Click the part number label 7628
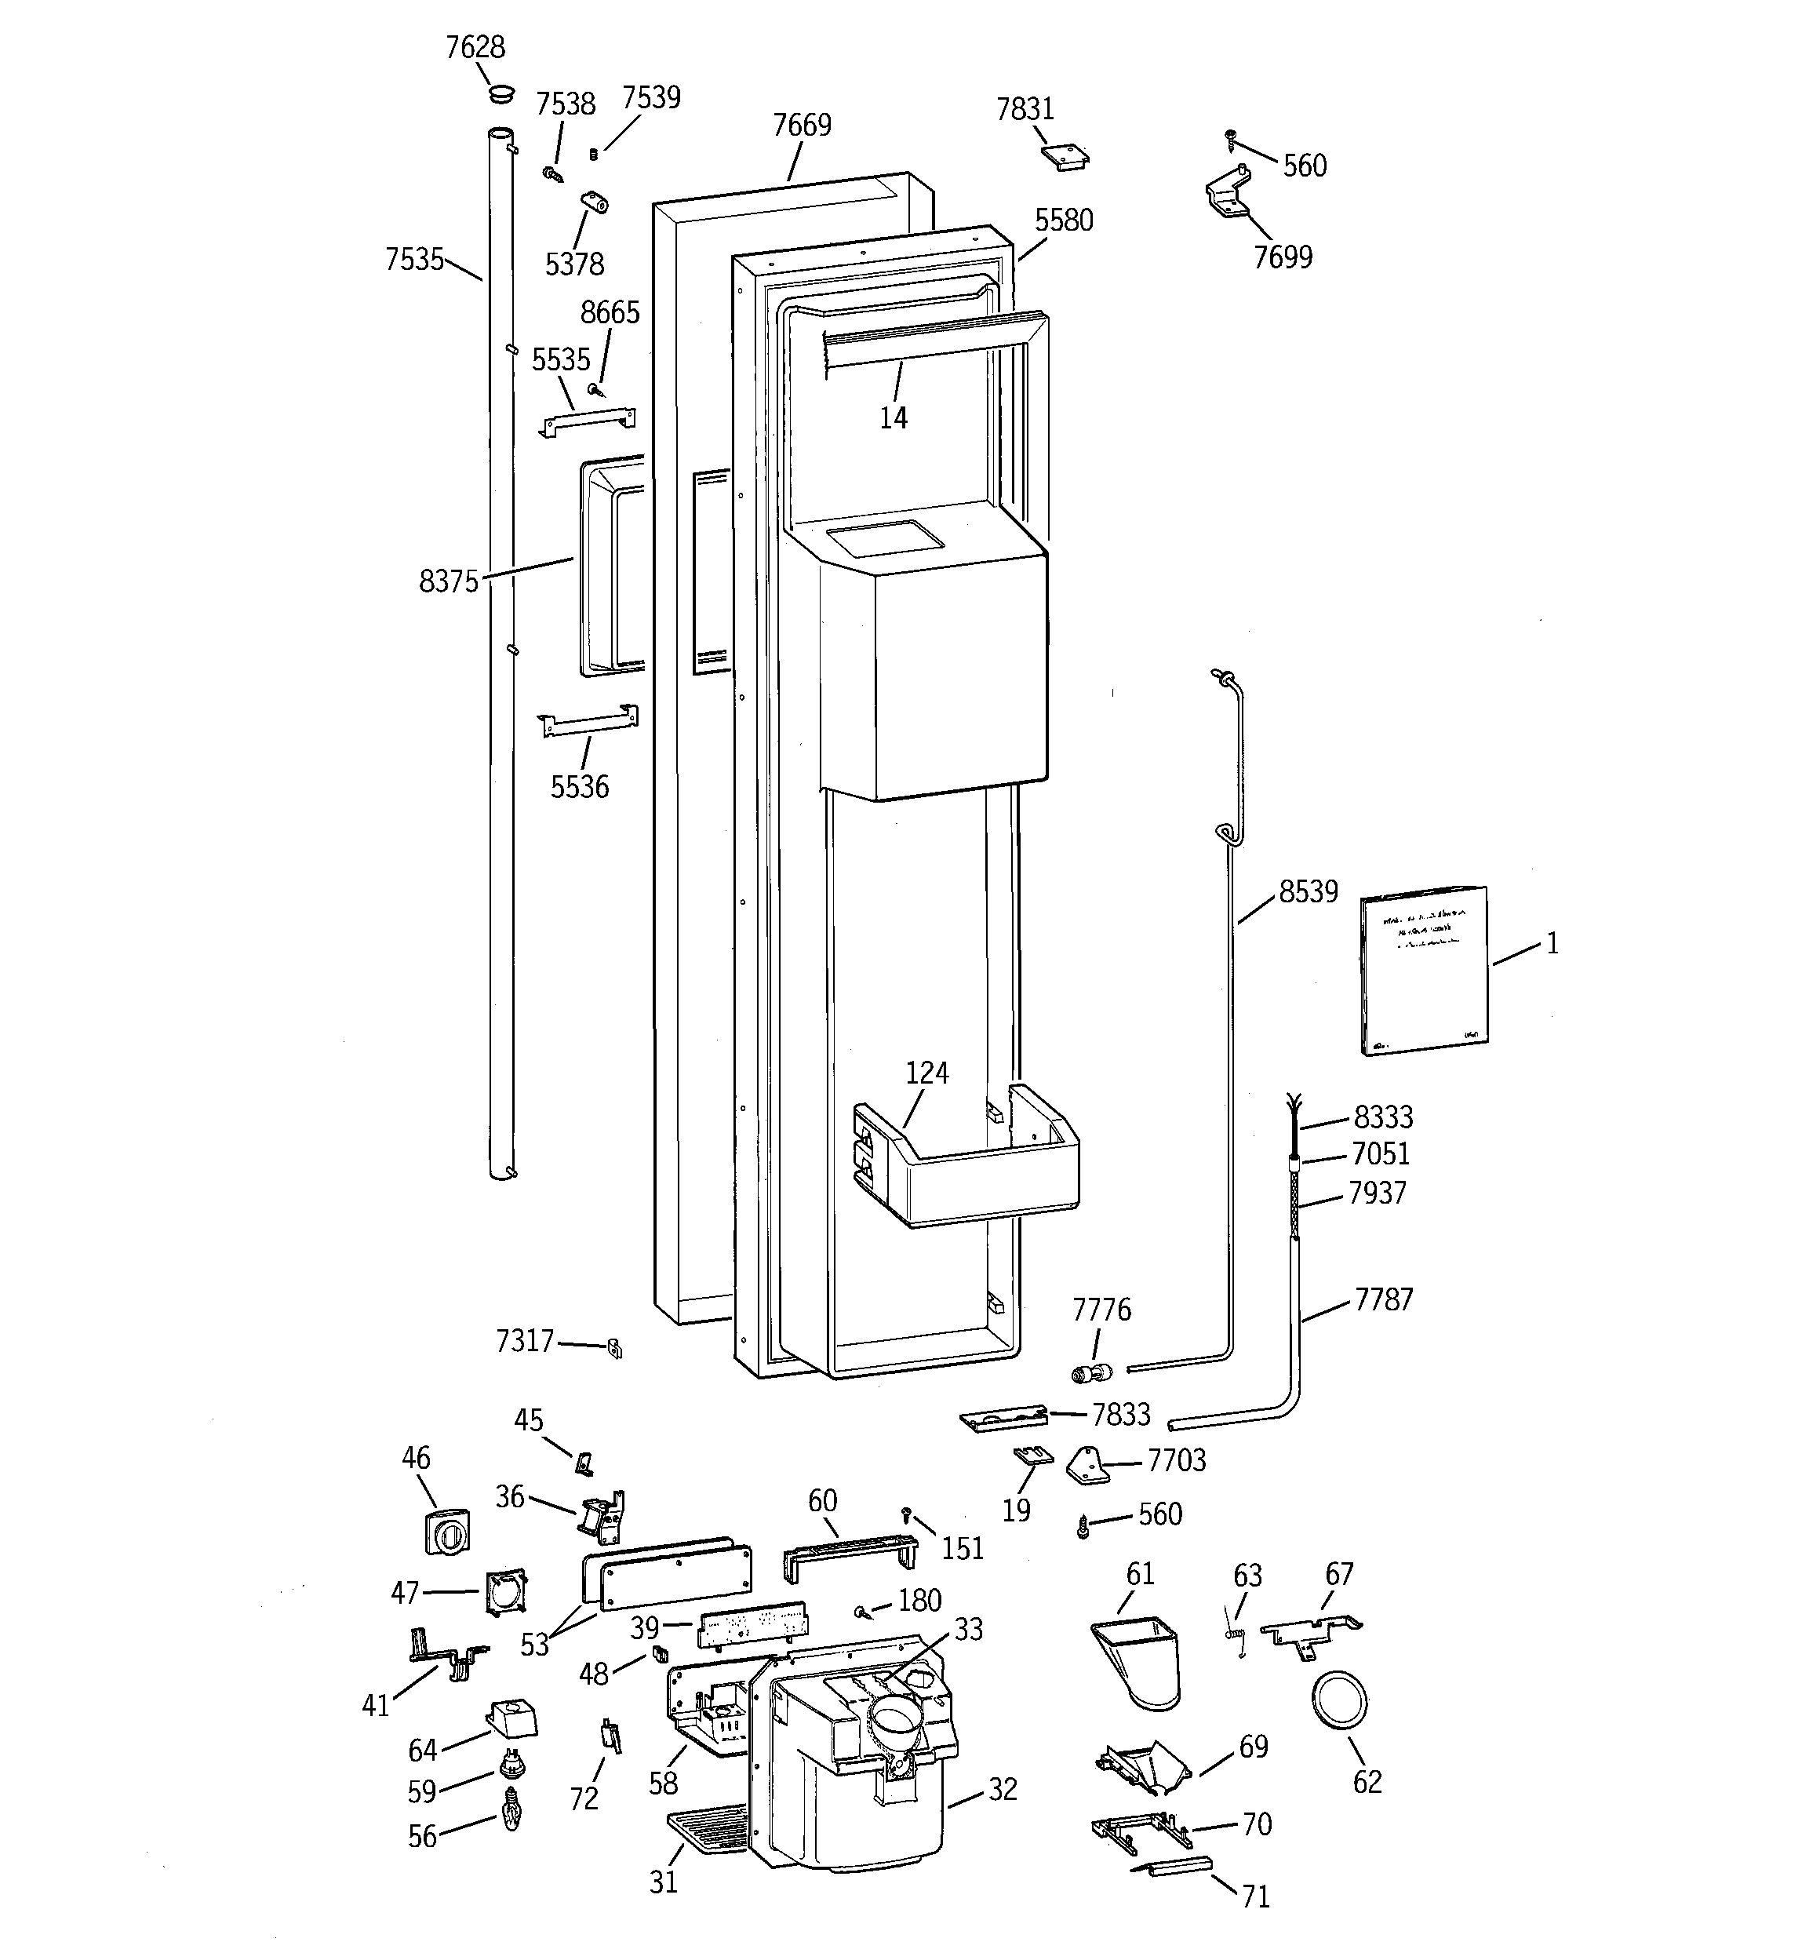pos(475,47)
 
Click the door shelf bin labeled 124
pos(977,1172)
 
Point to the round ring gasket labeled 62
pos(1338,1703)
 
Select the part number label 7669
pos(801,125)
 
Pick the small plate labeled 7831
pos(1065,156)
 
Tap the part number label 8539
pos(1307,892)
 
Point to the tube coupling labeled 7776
pos(1091,1372)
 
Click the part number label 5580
pos(1063,220)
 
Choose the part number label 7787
pos(1382,1299)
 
